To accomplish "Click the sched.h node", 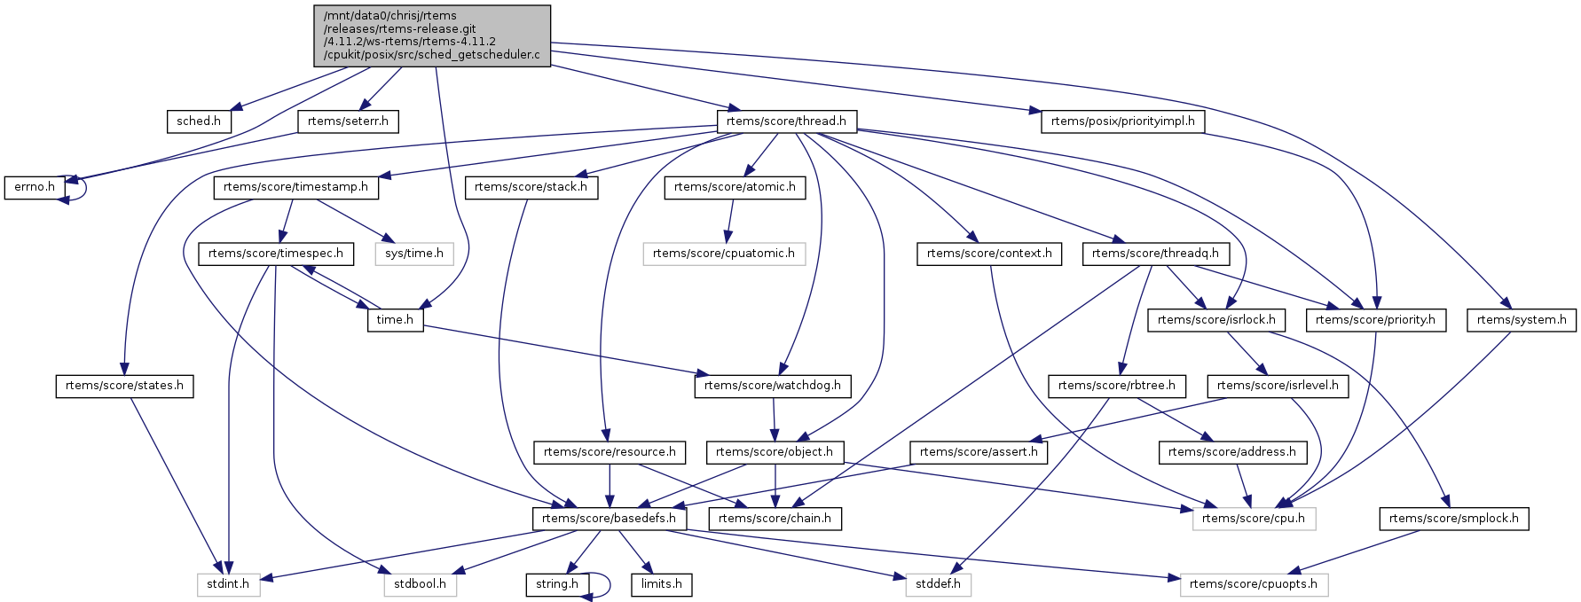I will point(199,121).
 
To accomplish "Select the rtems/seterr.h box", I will point(348,121).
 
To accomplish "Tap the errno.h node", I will point(35,187).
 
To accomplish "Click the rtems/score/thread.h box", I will point(786,121).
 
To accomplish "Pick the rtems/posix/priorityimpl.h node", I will point(1122,121).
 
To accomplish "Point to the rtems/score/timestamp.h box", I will point(295,187).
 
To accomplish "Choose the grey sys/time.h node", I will point(414,254).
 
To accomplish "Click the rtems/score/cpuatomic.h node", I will point(724,254).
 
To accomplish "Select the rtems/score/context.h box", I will point(989,254).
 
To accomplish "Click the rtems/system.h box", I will point(1522,320).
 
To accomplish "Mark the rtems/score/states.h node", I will point(124,386).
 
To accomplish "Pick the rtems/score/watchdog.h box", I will point(773,386).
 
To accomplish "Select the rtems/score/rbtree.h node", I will point(1116,386).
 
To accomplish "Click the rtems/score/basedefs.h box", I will point(609,519).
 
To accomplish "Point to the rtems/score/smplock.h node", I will point(1453,519).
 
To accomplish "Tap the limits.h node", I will point(662,584).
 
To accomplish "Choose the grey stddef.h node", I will point(938,584).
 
